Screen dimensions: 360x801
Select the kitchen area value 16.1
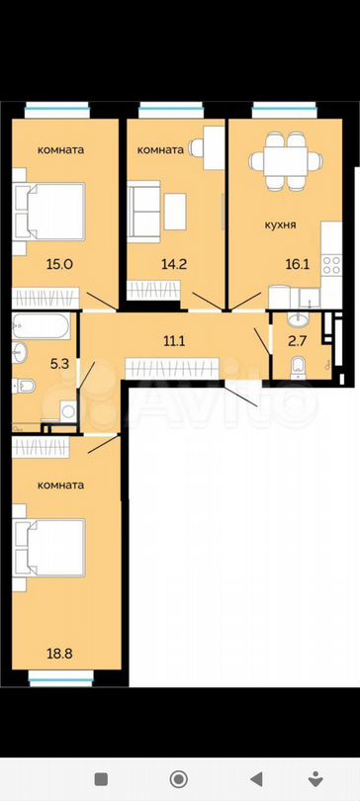(x=296, y=264)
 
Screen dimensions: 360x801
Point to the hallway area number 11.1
(x=174, y=341)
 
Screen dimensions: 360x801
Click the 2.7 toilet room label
(x=298, y=341)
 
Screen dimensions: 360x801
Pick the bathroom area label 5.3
(x=59, y=365)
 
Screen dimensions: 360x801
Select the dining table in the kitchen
(x=286, y=161)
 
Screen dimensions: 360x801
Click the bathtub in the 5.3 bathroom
(x=41, y=326)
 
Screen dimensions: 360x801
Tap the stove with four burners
(x=331, y=266)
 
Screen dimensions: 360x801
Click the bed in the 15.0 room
(x=48, y=212)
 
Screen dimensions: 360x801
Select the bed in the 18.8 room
(x=48, y=548)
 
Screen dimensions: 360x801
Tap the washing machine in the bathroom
(x=68, y=411)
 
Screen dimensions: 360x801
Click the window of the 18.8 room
(x=60, y=678)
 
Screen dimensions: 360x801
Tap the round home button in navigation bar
(x=179, y=779)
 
